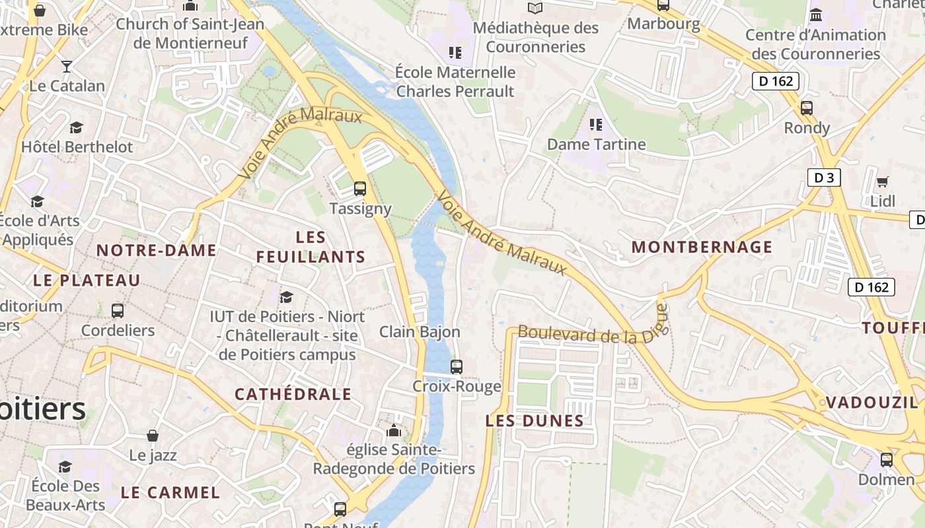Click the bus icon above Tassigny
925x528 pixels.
pyautogui.click(x=359, y=189)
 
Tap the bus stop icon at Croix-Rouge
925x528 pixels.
pyautogui.click(x=456, y=367)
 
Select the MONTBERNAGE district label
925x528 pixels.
pyautogui.click(x=702, y=247)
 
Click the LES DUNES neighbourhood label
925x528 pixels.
pyautogui.click(x=535, y=420)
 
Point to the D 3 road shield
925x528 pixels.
pyautogui.click(x=823, y=178)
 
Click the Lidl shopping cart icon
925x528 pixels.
pyautogui.click(x=882, y=181)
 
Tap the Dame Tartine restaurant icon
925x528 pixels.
pyautogui.click(x=596, y=124)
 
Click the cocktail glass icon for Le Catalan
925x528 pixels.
pyautogui.click(x=67, y=66)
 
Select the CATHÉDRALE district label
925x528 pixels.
pyautogui.click(x=293, y=395)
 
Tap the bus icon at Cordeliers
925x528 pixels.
pyautogui.click(x=118, y=310)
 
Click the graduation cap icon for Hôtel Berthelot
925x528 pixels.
pyautogui.click(x=77, y=127)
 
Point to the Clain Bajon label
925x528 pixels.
pyautogui.click(x=420, y=331)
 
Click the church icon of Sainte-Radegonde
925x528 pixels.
pyautogui.click(x=394, y=431)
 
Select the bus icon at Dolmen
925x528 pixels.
pyautogui.click(x=886, y=459)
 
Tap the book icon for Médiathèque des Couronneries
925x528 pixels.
pyautogui.click(x=535, y=9)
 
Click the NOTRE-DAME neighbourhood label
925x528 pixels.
pyautogui.click(x=156, y=250)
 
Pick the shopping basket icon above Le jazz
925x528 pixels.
pyautogui.click(x=153, y=436)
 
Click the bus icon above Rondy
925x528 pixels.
pyautogui.click(x=806, y=108)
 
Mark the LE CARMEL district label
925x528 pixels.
pyautogui.click(x=170, y=492)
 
